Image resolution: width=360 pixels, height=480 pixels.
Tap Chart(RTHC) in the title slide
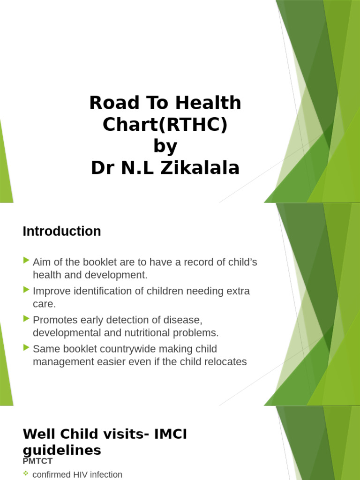point(165,125)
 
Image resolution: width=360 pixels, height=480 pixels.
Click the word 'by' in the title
point(165,146)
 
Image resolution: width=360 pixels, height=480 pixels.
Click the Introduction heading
point(61,231)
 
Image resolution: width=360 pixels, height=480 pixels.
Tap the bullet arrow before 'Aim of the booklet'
point(26,260)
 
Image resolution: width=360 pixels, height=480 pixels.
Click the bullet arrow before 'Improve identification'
point(26,290)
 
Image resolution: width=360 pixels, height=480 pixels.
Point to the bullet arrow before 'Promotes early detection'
point(26,319)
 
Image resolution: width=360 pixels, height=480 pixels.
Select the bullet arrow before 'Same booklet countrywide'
point(26,348)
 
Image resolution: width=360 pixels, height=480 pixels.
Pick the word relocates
point(224,362)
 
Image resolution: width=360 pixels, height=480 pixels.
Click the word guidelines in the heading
point(61,450)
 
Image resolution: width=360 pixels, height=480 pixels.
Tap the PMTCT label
point(37,461)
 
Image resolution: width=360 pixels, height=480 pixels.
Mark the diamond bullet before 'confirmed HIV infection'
point(26,474)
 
